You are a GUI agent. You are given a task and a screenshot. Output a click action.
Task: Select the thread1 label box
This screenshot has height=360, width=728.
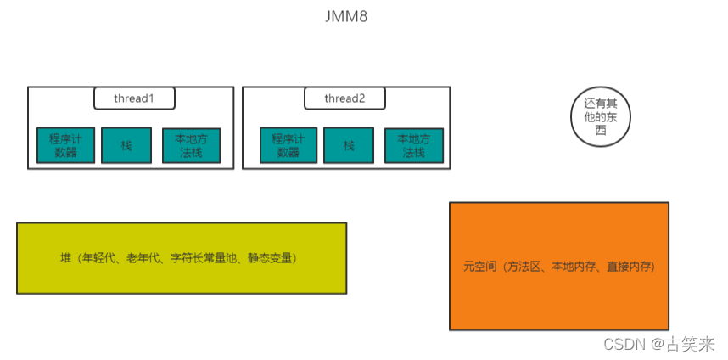tap(134, 98)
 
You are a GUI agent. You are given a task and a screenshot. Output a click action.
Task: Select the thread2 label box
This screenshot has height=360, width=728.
tap(344, 98)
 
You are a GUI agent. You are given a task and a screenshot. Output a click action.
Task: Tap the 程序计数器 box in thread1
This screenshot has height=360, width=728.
tap(65, 145)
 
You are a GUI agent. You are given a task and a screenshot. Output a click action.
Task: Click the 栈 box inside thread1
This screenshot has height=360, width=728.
tap(126, 145)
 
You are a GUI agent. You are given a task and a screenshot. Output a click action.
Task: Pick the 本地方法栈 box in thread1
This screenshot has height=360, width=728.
tap(191, 145)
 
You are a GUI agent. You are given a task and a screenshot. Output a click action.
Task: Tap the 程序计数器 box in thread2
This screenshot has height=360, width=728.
tap(288, 145)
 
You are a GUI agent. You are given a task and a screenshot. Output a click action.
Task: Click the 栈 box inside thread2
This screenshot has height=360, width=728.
tap(349, 145)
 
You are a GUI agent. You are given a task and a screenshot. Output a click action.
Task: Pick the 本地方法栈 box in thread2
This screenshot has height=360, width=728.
tap(413, 145)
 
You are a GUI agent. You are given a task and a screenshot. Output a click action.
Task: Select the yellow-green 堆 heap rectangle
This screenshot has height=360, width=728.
tap(181, 258)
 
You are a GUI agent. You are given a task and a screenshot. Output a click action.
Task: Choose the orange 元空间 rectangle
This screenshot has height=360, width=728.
tap(558, 266)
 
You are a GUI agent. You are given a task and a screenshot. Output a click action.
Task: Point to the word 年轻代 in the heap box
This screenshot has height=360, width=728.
tap(105, 258)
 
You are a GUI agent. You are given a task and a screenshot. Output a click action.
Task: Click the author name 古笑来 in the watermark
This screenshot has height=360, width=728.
tap(689, 344)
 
